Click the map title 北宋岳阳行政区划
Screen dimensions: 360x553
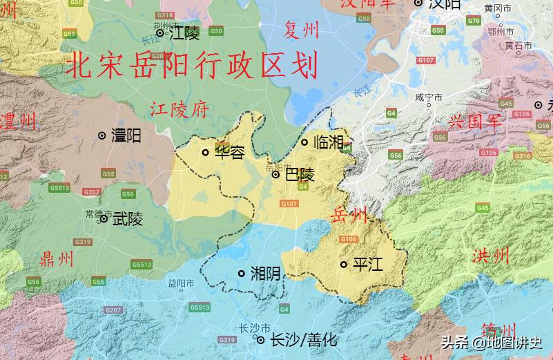pyautogui.click(x=192, y=66)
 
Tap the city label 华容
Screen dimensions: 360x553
pyautogui.click(x=229, y=153)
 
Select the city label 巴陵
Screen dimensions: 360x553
pyautogui.click(x=300, y=175)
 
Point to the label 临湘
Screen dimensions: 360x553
pyautogui.click(x=328, y=142)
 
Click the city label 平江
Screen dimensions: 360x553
pyautogui.click(x=367, y=265)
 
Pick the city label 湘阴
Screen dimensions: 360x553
pyautogui.click(x=265, y=274)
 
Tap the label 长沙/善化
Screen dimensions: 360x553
pyautogui.click(x=303, y=340)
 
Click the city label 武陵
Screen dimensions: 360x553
pyautogui.click(x=128, y=219)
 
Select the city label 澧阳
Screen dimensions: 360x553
pyautogui.click(x=126, y=135)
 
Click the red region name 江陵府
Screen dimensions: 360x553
pyautogui.click(x=180, y=109)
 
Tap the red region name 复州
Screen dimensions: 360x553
pyautogui.click(x=302, y=30)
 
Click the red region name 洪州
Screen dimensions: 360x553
pyautogui.click(x=491, y=256)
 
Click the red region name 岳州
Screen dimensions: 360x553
pyautogui.click(x=350, y=215)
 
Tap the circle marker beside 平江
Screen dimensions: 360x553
pyautogui.click(x=344, y=265)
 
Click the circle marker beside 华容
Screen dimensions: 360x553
pyautogui.click(x=205, y=153)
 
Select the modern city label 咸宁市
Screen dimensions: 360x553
pyautogui.click(x=429, y=97)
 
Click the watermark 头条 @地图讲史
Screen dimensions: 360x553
pyautogui.click(x=492, y=342)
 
